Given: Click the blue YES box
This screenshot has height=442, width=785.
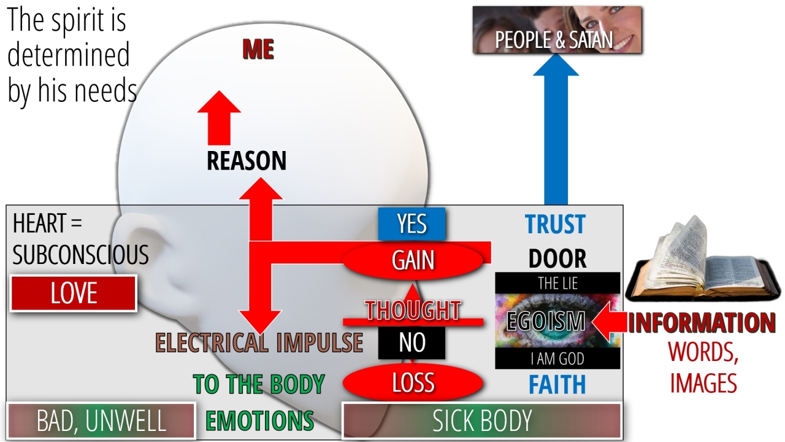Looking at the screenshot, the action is [412, 224].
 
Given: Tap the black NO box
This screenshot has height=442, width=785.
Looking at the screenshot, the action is [412, 343].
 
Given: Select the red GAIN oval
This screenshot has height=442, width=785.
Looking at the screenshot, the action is [413, 260].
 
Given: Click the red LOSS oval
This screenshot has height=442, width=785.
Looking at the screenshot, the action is [413, 382].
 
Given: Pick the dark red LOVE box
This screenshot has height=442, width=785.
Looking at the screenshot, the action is [74, 293].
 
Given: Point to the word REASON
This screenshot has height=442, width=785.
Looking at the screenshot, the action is [247, 161].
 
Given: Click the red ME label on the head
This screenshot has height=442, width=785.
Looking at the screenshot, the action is [258, 49].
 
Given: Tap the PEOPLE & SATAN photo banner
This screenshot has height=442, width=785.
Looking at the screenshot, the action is [557, 30].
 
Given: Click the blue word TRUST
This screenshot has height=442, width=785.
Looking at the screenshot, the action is [556, 224].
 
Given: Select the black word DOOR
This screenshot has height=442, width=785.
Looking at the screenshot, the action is [557, 258].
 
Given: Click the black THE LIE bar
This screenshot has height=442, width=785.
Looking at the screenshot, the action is [557, 283].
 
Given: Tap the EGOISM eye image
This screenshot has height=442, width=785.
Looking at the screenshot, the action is [557, 320].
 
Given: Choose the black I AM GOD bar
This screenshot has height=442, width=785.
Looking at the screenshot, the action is [557, 358].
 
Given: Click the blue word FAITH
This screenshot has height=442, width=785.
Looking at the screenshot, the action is [557, 385].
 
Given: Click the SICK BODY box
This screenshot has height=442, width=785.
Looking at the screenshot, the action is [482, 421].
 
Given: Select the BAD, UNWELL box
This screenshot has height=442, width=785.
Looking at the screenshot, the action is [101, 421].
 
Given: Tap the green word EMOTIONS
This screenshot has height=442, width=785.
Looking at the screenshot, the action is [259, 421].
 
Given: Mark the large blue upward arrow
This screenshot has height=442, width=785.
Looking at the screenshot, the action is [556, 129].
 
